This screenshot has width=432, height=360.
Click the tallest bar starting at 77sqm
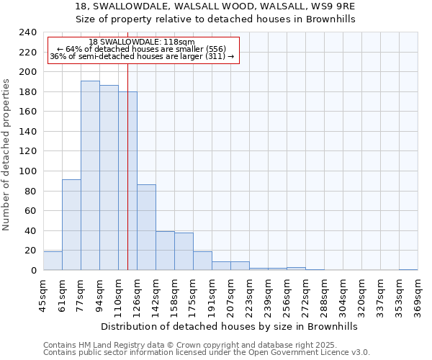coord(90,176)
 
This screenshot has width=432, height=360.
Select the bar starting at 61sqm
coord(71,225)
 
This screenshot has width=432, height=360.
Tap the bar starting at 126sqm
coord(146,228)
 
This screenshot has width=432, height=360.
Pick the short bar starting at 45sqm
coord(53,261)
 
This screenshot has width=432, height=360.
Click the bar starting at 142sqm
coord(165,251)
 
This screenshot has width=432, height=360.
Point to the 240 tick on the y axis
coord(28,32)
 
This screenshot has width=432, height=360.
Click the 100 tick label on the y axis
coord(28,171)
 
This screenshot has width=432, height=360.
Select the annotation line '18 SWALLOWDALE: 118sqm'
coord(142,42)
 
